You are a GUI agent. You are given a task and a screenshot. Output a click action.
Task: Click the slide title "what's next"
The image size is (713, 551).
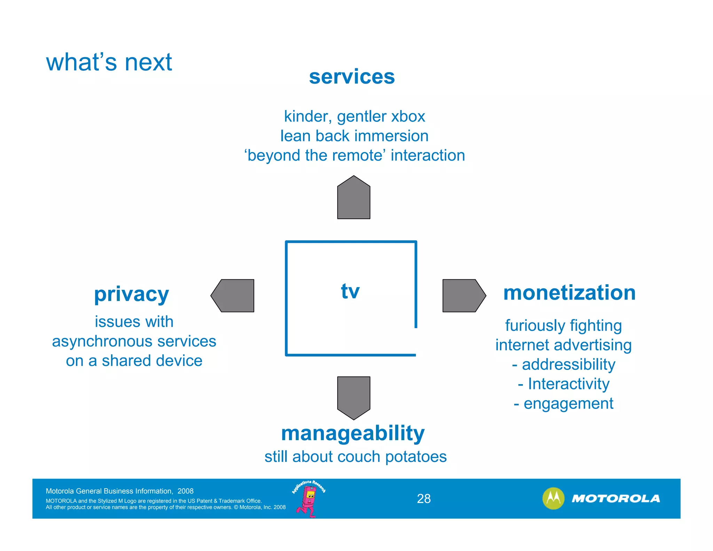[x=109, y=62]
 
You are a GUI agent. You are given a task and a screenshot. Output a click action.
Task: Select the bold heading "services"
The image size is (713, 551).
[x=352, y=77]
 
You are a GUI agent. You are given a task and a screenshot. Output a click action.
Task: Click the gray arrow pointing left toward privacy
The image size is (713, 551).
[x=234, y=296]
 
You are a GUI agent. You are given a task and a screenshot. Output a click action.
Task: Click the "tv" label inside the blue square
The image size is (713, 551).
[x=350, y=291]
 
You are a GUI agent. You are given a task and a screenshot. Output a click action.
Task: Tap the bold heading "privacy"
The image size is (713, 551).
[x=132, y=294]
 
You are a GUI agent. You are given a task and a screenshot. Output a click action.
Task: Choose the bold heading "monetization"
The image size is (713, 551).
[x=569, y=293]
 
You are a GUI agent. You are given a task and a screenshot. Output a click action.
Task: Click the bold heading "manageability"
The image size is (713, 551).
[x=353, y=433]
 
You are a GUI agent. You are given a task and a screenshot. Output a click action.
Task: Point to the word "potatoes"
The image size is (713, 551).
[x=416, y=457]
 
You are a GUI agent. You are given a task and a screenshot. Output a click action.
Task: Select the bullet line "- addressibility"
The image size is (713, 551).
[x=563, y=365]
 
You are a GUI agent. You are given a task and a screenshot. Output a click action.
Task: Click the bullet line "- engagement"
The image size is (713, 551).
[x=563, y=404]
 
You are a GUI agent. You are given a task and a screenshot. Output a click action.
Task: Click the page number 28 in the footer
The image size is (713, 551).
[x=424, y=499]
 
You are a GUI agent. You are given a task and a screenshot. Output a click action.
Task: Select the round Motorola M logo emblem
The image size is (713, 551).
[x=553, y=498]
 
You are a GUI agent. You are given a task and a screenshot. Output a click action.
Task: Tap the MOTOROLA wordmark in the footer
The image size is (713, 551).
[x=616, y=499]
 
